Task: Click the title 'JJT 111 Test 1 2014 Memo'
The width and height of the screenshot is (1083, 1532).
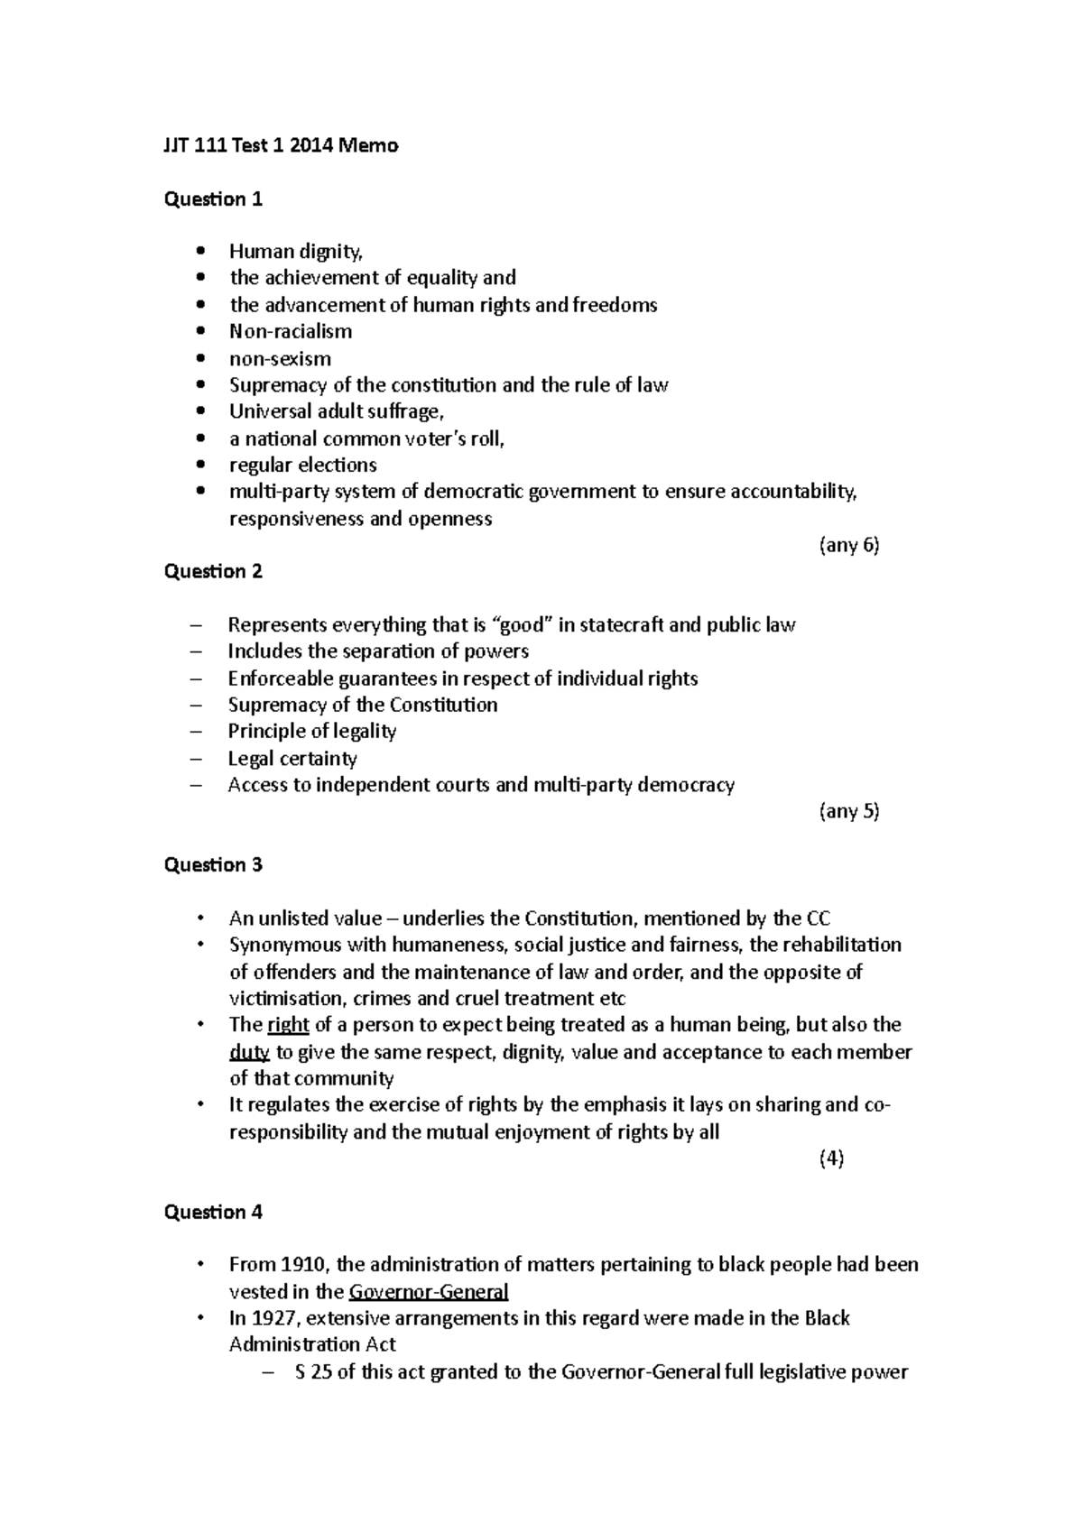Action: point(281,145)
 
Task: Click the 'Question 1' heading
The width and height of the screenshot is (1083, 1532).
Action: point(213,199)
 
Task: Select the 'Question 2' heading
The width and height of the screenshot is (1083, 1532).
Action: point(213,571)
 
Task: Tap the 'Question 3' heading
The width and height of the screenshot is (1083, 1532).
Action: point(213,864)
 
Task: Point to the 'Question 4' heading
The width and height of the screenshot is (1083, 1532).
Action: point(213,1212)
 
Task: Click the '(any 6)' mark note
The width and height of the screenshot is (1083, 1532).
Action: point(848,545)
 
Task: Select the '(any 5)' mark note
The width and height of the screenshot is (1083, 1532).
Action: point(848,810)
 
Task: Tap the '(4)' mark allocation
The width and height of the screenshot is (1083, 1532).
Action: point(831,1159)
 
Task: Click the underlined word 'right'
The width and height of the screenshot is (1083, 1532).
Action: point(288,1025)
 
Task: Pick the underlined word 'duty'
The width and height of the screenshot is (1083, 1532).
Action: point(249,1052)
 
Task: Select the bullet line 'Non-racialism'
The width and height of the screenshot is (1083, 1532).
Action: point(290,331)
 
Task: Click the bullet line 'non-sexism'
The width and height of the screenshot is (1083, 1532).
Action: point(280,358)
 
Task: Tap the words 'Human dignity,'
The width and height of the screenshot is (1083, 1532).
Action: point(295,252)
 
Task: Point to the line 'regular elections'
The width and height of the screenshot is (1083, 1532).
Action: point(302,466)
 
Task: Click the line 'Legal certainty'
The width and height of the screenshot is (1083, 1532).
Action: point(292,758)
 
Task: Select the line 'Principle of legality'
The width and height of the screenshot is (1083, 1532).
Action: point(311,731)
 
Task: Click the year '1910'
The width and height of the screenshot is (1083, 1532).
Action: point(301,1264)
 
